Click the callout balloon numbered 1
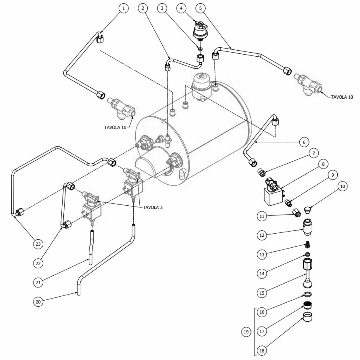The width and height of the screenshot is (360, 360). [x=124, y=8]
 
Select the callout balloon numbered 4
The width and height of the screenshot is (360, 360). [x=181, y=8]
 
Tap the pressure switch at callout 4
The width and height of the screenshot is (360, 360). [x=200, y=31]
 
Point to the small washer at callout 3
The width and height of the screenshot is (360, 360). [x=200, y=48]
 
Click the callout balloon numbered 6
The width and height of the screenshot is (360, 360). [x=304, y=142]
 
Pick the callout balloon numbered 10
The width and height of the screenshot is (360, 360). [x=343, y=186]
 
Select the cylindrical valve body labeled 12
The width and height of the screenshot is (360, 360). [x=307, y=227]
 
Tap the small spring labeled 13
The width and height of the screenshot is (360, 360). [x=308, y=245]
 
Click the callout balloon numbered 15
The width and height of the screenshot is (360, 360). [x=262, y=293]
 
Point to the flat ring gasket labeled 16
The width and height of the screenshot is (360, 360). [x=308, y=294]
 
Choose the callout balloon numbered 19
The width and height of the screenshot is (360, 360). [x=246, y=332]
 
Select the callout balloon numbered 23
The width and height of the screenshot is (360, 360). [x=38, y=244]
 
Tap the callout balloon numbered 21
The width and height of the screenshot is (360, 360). [x=38, y=282]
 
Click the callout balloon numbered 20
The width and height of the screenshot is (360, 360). [x=38, y=301]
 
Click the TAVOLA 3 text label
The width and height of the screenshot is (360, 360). [x=153, y=207]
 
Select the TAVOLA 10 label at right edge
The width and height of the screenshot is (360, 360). [x=342, y=97]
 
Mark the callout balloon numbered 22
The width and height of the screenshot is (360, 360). [x=38, y=263]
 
